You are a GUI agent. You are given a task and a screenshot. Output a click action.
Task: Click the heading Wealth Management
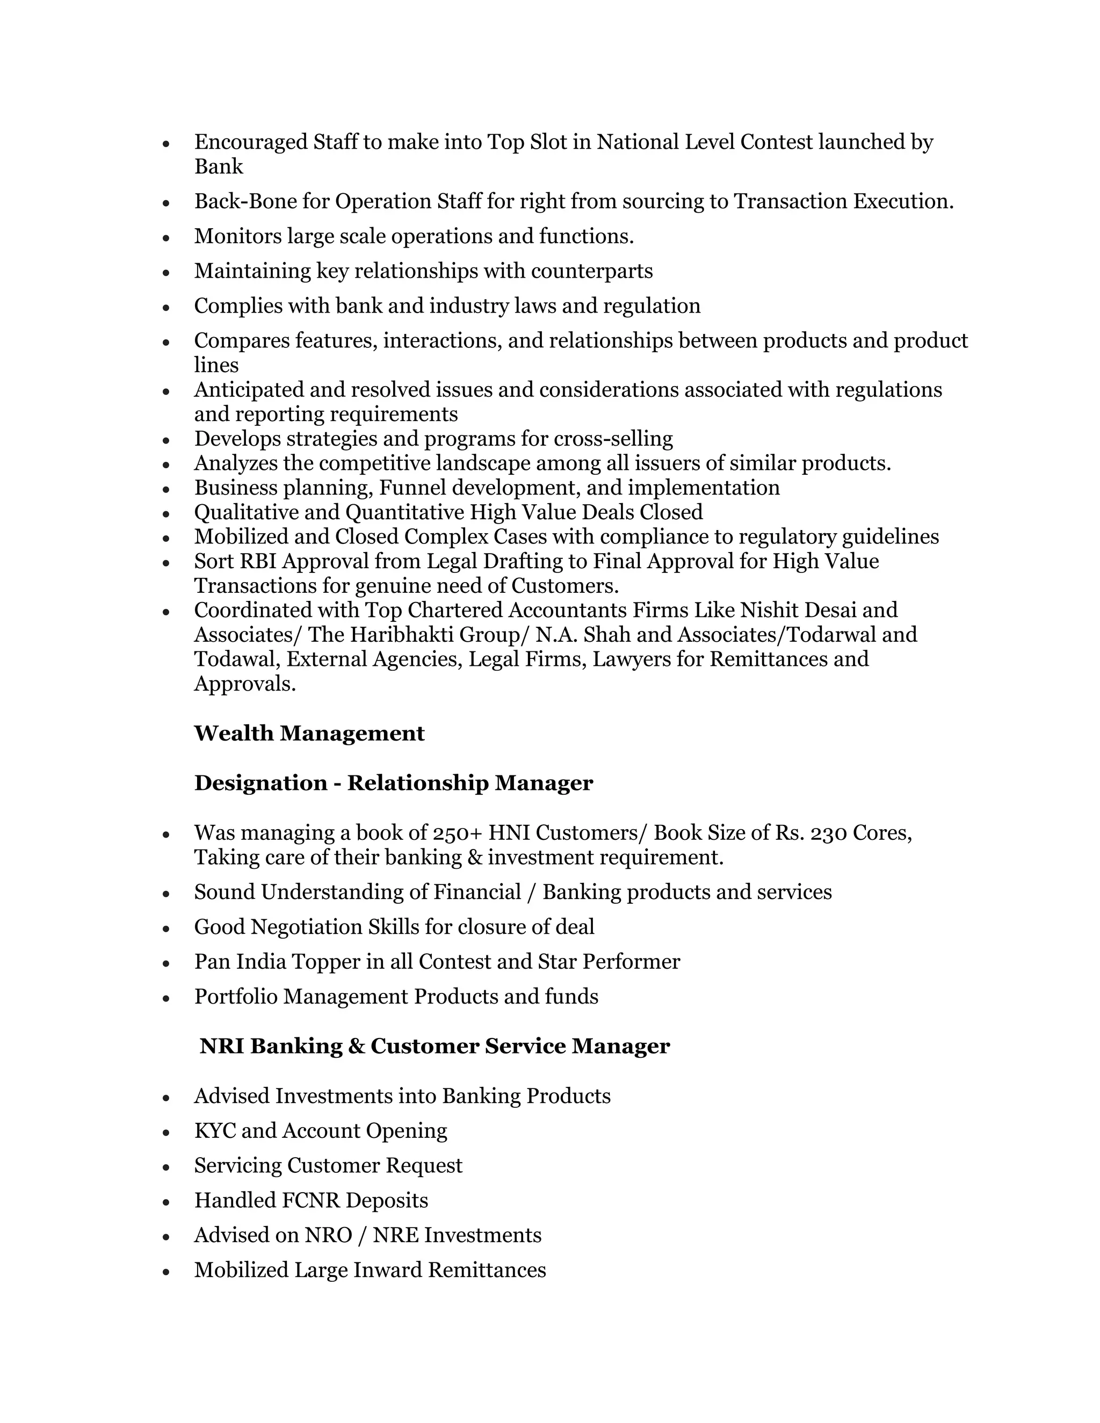pos(309,734)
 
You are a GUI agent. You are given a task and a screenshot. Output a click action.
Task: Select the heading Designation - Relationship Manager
pos(394,783)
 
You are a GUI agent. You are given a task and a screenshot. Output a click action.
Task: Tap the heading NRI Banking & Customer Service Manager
pos(434,1047)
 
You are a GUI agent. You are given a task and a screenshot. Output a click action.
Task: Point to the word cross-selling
pos(613,439)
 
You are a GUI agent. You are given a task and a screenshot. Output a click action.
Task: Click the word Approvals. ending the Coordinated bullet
pos(245,684)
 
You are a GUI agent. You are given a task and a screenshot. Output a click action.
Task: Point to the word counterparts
pos(592,271)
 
